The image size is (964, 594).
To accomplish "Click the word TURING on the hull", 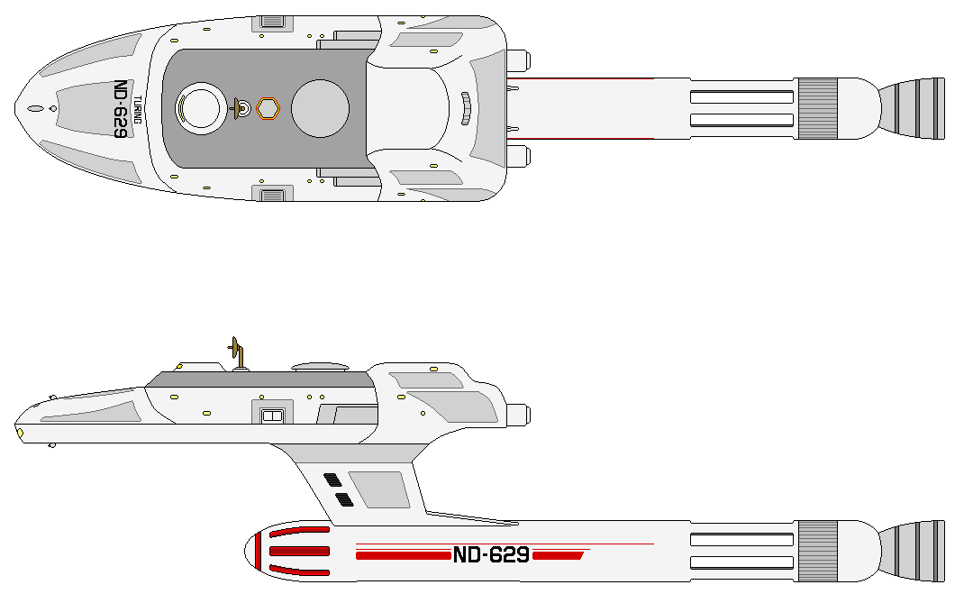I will coord(137,109).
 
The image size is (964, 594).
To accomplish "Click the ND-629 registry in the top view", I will coord(120,109).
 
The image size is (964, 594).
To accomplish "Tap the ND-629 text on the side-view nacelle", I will coord(491,555).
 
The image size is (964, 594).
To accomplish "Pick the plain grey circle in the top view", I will coord(320,108).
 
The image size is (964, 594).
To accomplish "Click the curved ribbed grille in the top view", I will coord(466,108).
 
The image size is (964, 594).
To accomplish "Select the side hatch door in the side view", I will coord(271,415).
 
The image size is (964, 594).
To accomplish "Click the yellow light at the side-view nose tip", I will coord(20,434).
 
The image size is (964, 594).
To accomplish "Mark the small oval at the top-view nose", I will coord(34,109).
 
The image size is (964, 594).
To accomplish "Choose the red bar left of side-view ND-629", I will coord(403,555).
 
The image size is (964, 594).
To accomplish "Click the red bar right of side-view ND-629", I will coord(558,555).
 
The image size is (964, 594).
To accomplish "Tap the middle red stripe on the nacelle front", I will coord(300,551).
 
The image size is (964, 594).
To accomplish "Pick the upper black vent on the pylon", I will coord(332,480).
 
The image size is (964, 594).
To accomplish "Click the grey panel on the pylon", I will coord(380,489).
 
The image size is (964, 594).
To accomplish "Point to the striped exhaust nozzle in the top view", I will coord(912,108).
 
